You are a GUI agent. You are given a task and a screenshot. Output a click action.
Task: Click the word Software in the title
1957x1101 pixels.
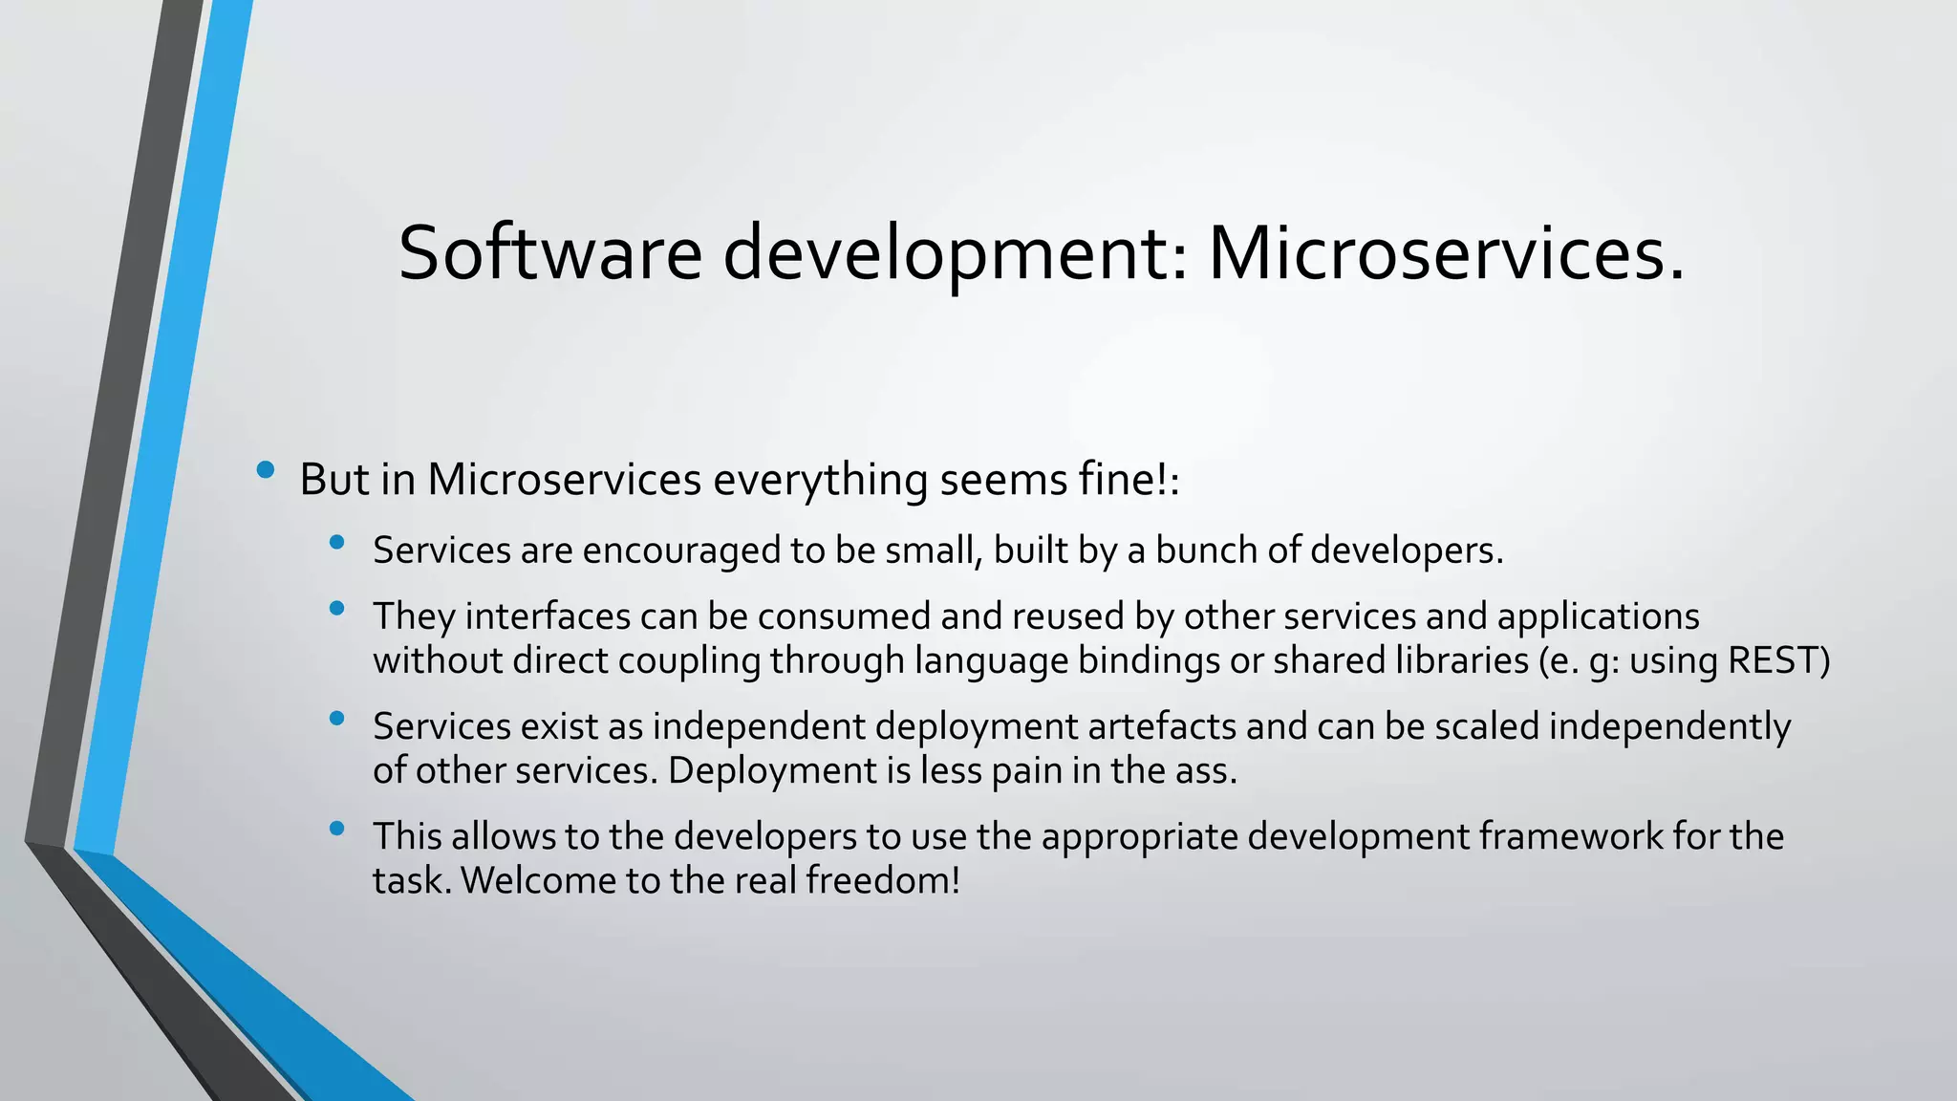point(549,253)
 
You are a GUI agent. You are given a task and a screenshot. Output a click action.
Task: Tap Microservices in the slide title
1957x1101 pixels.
point(1446,253)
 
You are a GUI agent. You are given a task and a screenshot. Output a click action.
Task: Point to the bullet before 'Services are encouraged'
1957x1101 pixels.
point(336,543)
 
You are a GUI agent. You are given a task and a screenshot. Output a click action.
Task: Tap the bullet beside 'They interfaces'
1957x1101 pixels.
point(336,608)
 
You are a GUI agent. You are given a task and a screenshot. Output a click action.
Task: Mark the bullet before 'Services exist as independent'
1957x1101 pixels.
point(336,719)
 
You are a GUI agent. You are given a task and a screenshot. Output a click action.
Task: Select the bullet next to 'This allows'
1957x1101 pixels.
point(336,829)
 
